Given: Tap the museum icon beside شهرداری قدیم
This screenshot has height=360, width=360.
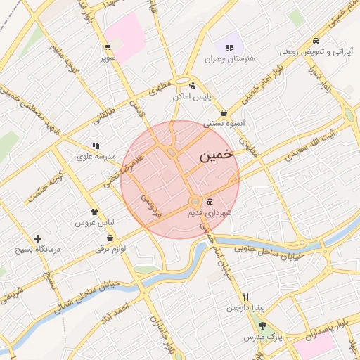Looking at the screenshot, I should click(210, 202).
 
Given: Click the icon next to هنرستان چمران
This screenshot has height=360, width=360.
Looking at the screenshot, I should click(230, 47).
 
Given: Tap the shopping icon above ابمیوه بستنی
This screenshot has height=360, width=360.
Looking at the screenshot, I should click(224, 112).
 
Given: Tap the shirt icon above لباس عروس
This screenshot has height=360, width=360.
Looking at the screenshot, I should click(94, 210).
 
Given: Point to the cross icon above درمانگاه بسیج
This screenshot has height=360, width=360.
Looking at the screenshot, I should click(37, 238).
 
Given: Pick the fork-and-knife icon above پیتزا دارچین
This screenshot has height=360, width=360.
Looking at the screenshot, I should click(245, 297).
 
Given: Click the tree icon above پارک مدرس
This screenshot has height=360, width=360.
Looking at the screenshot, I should click(262, 326).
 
